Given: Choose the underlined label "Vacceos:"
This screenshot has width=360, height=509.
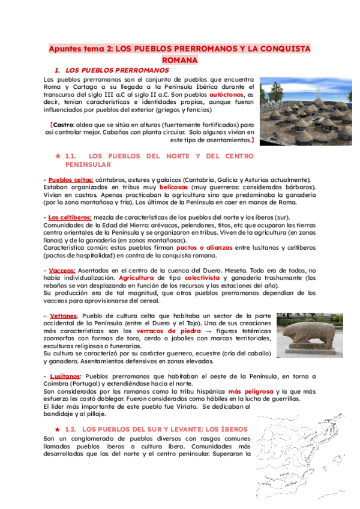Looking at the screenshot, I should (61, 271).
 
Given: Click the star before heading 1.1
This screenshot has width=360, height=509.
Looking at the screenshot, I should (58, 156).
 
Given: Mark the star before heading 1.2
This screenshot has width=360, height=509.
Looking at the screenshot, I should (58, 430).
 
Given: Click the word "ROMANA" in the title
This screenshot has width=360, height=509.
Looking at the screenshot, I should (179, 60).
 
